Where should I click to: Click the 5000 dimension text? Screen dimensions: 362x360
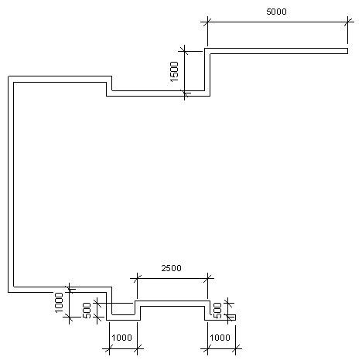click(x=276, y=12)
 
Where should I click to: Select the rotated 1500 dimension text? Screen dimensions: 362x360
click(x=174, y=71)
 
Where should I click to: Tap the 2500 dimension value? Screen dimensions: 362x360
click(x=172, y=268)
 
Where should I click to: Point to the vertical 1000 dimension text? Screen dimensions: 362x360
click(x=59, y=302)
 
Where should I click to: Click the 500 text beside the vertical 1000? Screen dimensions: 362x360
click(x=87, y=311)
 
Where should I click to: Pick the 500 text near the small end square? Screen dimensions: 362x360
click(x=218, y=311)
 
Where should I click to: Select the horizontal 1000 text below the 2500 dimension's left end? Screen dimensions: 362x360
click(x=122, y=338)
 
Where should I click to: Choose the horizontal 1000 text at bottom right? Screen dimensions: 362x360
click(x=220, y=338)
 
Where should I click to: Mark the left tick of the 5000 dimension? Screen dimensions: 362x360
click(x=207, y=22)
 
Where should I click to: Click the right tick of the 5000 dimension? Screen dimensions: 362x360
click(x=347, y=22)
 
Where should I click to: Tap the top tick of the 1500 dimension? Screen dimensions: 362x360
click(x=185, y=51)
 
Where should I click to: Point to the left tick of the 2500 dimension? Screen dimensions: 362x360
click(x=137, y=278)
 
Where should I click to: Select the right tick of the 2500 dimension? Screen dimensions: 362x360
click(x=207, y=278)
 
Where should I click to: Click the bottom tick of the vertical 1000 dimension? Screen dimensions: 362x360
click(x=69, y=318)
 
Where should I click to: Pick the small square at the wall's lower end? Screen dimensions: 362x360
click(x=233, y=318)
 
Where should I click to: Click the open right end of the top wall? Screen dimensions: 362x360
click(x=347, y=51)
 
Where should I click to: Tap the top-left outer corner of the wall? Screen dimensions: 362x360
click(x=9, y=76)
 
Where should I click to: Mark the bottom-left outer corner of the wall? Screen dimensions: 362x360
click(x=9, y=292)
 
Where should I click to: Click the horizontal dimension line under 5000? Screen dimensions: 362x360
click(x=278, y=22)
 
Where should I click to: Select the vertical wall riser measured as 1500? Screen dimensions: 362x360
click(x=207, y=72)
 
